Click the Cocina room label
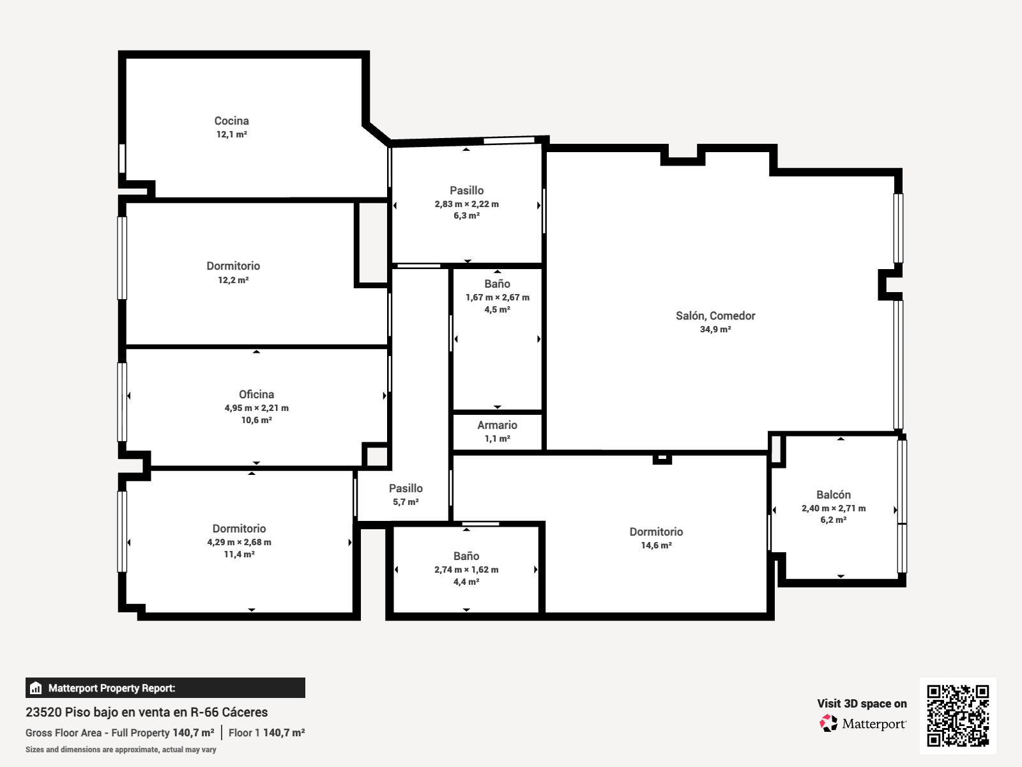pyautogui.click(x=231, y=121)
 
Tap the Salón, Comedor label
pyautogui.click(x=715, y=316)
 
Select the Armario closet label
pyautogui.click(x=497, y=425)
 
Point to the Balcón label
pyautogui.click(x=834, y=495)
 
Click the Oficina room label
pyautogui.click(x=257, y=394)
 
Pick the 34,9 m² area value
pyautogui.click(x=715, y=329)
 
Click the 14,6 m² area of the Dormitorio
pyautogui.click(x=656, y=545)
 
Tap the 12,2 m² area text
pyautogui.click(x=233, y=280)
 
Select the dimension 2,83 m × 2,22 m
pyautogui.click(x=466, y=204)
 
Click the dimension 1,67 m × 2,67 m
pyautogui.click(x=497, y=298)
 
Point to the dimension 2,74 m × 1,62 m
pyautogui.click(x=466, y=569)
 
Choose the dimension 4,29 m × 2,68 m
pyautogui.click(x=239, y=542)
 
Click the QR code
pyautogui.click(x=957, y=715)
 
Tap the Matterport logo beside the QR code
pyautogui.click(x=863, y=724)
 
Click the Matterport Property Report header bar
pyautogui.click(x=165, y=688)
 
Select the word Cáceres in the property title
pyautogui.click(x=245, y=712)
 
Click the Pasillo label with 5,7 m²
pyautogui.click(x=406, y=488)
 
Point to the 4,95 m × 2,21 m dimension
pyautogui.click(x=257, y=408)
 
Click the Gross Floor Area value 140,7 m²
pyautogui.click(x=194, y=732)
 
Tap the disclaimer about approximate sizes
pyautogui.click(x=121, y=750)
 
